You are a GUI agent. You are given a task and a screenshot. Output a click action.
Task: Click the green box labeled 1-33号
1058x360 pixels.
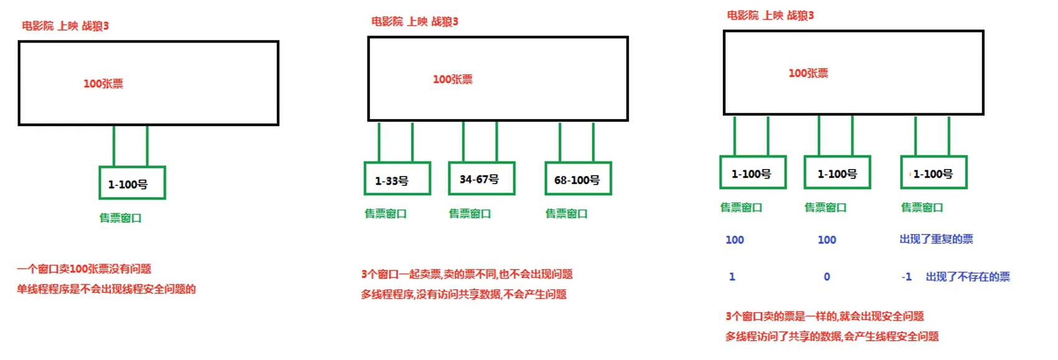point(397,179)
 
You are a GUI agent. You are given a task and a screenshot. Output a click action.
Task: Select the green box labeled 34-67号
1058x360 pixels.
point(482,179)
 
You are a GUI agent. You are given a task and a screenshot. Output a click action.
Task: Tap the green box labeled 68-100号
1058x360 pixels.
point(578,179)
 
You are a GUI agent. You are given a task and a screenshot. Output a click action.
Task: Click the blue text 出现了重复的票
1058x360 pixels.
point(936,239)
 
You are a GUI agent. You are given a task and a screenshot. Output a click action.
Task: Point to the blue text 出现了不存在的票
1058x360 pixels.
point(968,276)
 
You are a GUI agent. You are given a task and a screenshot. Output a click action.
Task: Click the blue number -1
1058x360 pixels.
point(906,276)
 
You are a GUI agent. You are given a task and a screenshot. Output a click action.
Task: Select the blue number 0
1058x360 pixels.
point(827,276)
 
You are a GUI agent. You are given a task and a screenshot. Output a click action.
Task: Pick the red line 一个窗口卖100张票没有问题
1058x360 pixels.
point(84,269)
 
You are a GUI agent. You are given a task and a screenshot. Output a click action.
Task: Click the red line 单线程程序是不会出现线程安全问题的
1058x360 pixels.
point(106,289)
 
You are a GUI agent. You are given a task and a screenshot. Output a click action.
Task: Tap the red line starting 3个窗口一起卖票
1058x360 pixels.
point(467,274)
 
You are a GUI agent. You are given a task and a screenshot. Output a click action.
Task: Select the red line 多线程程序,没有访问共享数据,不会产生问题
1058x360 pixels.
point(463,294)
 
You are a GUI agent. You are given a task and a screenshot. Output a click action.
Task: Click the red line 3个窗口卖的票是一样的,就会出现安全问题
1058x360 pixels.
point(824,316)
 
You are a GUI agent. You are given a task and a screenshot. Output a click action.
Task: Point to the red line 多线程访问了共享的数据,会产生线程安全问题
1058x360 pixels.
point(832,336)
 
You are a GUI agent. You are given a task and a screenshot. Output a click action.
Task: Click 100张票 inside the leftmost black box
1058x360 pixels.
point(104,84)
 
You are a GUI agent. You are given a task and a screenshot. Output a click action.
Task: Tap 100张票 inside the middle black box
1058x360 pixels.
point(453,79)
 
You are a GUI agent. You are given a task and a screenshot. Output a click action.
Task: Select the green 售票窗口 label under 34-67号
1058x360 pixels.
point(470,213)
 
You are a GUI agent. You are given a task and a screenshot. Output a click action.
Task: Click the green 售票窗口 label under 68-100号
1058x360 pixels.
point(566,213)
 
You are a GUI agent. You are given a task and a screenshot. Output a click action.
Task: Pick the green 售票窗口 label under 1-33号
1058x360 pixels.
point(386,213)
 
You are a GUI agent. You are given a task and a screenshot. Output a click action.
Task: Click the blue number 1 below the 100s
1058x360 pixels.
point(732,276)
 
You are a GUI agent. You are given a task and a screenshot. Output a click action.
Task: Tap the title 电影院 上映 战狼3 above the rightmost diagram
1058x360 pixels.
point(770,16)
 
